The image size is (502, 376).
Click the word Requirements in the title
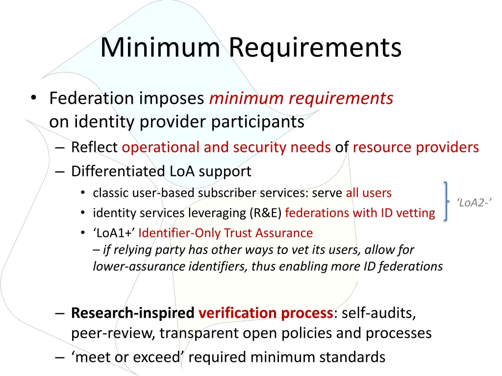point(315,47)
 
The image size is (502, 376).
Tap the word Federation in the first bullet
point(92,98)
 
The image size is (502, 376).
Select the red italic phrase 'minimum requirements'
point(301,98)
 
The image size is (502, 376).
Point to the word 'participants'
point(258,121)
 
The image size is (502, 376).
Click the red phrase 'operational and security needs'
point(226,147)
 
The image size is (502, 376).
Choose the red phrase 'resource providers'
point(416,147)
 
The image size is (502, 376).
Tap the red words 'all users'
point(369,193)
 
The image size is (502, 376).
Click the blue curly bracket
point(446,201)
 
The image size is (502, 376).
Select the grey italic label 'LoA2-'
point(474,202)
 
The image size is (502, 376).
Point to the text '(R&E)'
point(265,213)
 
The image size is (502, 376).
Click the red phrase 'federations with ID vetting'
point(360,213)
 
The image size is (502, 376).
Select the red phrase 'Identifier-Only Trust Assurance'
point(226,233)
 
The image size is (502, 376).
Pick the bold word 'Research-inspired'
point(132,312)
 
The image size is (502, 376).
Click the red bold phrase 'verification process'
point(266,312)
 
